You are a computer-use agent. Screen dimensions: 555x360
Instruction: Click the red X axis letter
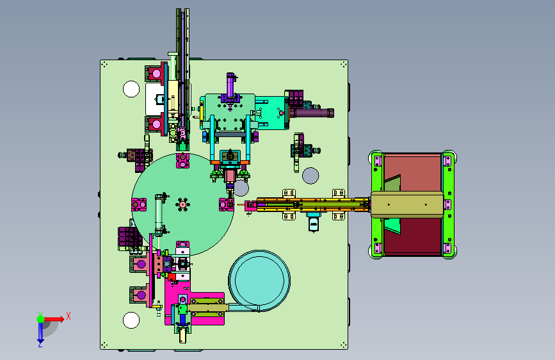[x=68, y=316]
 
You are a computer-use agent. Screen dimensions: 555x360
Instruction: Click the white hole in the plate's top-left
[x=131, y=89]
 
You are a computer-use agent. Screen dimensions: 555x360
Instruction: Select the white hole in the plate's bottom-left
[x=131, y=320]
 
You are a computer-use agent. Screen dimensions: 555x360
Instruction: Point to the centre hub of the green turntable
[x=182, y=204]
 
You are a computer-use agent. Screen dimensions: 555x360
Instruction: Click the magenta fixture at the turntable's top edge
[x=182, y=161]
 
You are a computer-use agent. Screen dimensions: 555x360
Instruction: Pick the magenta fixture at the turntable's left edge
[x=139, y=204]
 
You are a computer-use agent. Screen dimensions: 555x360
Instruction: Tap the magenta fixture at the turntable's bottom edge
[x=182, y=247]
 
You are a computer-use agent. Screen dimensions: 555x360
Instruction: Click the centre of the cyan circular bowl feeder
[x=259, y=280]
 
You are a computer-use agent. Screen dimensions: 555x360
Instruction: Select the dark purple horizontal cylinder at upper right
[x=312, y=113]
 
